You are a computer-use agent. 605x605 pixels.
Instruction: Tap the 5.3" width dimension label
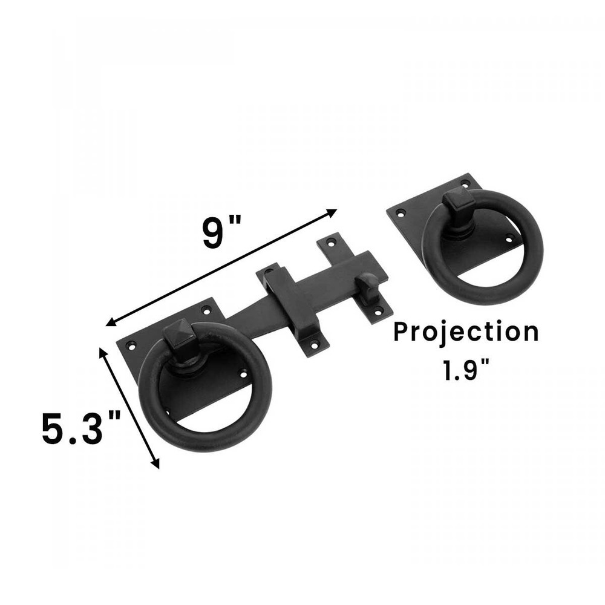(x=82, y=428)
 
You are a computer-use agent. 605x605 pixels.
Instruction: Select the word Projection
(x=466, y=333)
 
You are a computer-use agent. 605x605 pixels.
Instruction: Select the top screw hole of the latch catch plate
(x=330, y=242)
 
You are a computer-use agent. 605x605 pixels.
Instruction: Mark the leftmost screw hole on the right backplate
(x=399, y=213)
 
